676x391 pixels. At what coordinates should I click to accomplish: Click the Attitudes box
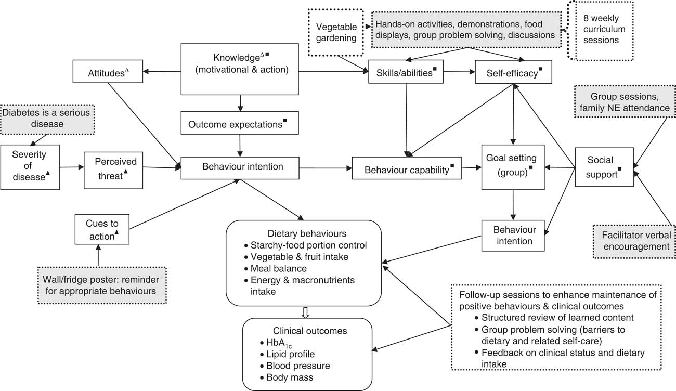pos(108,73)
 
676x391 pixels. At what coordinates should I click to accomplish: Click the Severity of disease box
pos(30,167)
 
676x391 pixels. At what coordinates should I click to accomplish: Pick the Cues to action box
pos(101,229)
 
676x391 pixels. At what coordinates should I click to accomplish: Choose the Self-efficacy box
pos(510,73)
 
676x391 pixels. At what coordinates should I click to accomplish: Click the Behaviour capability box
pos(407,167)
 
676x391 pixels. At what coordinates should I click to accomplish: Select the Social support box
pos(604,167)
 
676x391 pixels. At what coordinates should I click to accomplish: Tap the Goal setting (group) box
pos(513,166)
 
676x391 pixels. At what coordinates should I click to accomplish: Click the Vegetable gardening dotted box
pos(337,32)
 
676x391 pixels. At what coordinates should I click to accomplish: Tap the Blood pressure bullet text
pos(298,366)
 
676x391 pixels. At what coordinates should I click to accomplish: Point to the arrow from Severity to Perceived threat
pos(72,167)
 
